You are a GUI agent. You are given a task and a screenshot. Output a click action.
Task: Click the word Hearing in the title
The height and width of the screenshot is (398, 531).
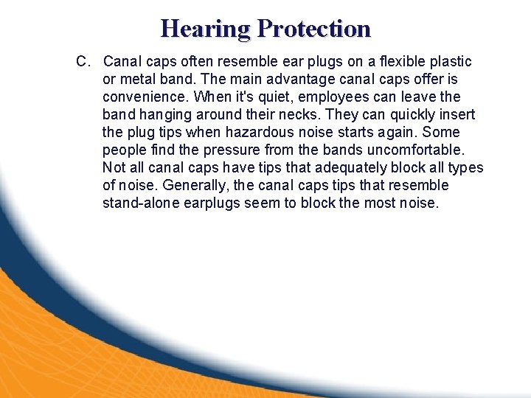(x=206, y=29)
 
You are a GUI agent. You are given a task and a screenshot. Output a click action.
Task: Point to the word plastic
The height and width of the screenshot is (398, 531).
(x=449, y=61)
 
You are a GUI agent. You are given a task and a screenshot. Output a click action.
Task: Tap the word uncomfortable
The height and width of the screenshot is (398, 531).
(x=412, y=150)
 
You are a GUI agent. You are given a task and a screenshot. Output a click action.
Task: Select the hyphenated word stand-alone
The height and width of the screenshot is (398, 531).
(x=140, y=203)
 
